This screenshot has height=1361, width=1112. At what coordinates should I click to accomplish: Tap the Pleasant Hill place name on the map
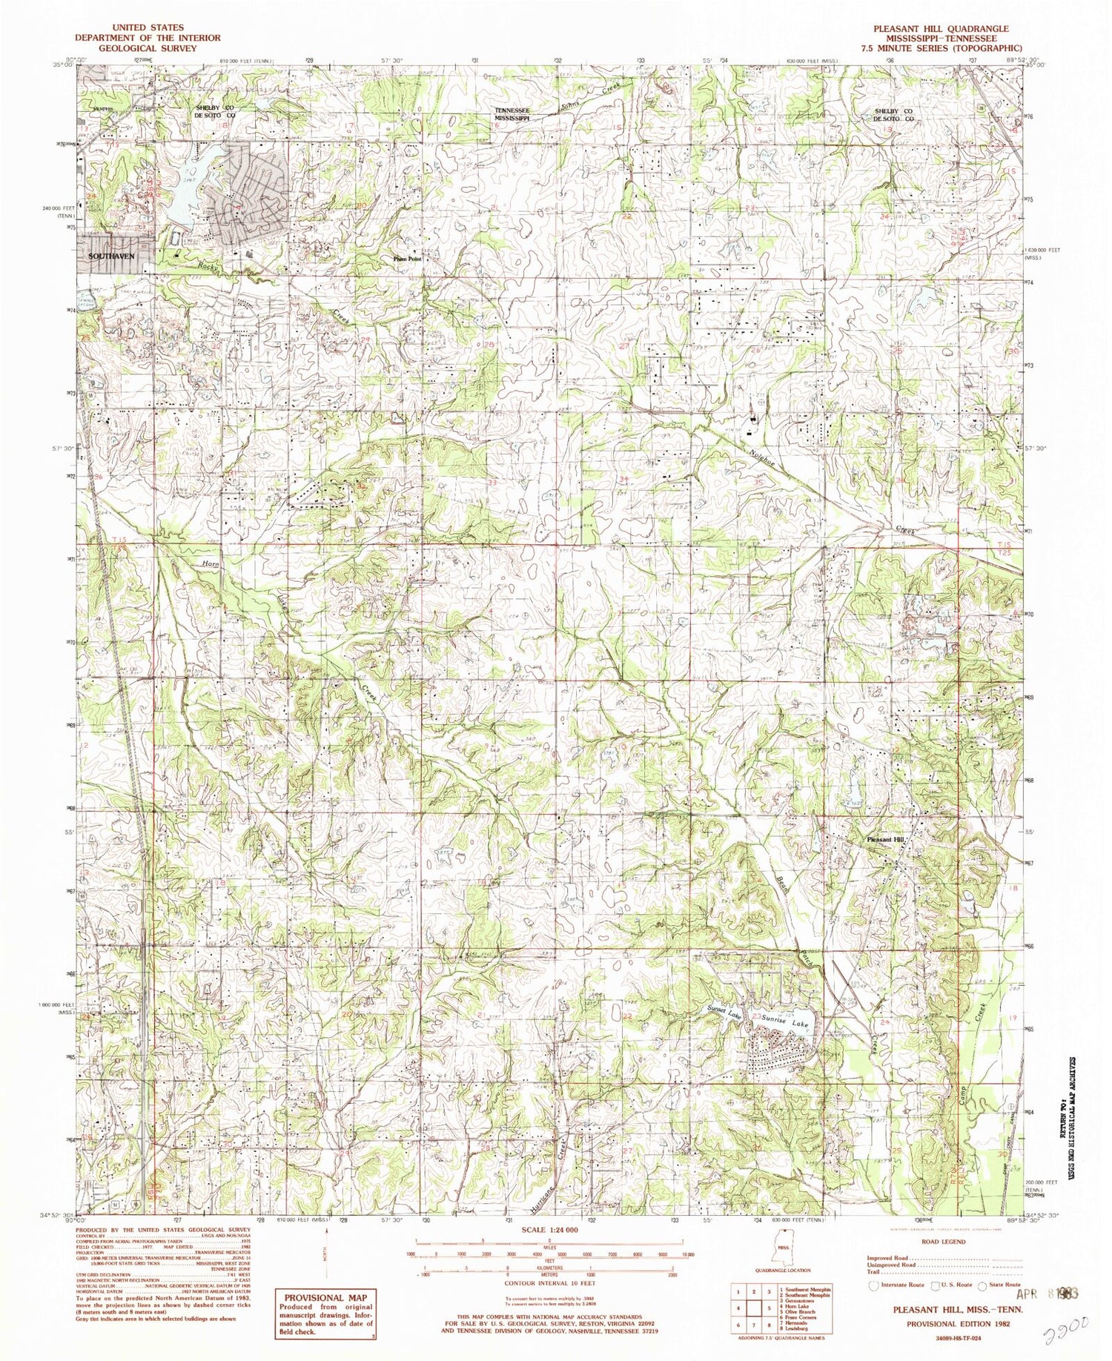(887, 839)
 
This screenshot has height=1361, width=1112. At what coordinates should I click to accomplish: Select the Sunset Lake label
(724, 1013)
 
